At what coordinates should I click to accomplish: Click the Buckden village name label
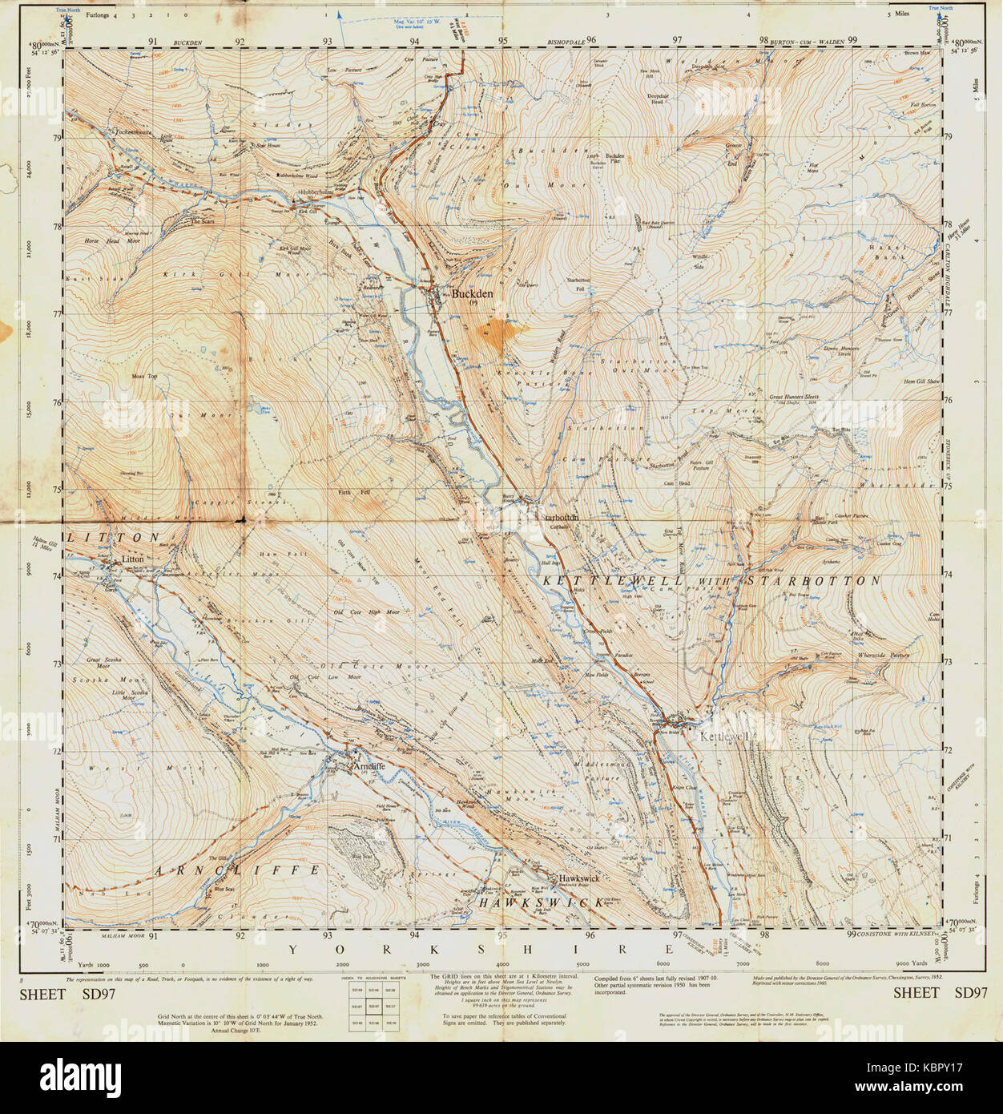click(x=472, y=294)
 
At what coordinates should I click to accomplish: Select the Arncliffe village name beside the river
click(x=369, y=766)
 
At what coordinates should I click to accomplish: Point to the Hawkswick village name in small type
click(x=579, y=878)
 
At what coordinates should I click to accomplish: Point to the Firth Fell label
click(x=353, y=491)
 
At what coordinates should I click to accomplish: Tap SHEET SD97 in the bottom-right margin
click(x=940, y=993)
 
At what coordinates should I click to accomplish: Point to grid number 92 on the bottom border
click(x=240, y=935)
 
